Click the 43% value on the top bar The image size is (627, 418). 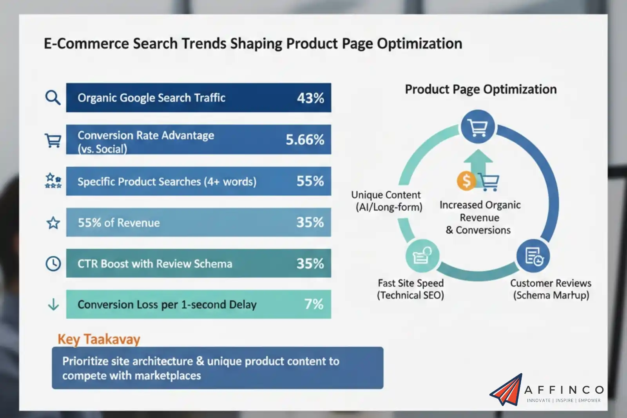pyautogui.click(x=310, y=98)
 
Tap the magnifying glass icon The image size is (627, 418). pyautogui.click(x=53, y=98)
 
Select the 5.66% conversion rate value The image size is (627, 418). pyautogui.click(x=305, y=140)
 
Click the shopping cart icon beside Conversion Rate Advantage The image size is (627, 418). pyautogui.click(x=53, y=140)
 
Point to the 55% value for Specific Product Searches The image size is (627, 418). pyautogui.click(x=310, y=181)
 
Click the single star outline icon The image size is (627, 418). pyautogui.click(x=53, y=223)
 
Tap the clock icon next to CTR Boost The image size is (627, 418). pyautogui.click(x=53, y=264)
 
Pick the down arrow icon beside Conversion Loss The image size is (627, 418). pyautogui.click(x=53, y=304)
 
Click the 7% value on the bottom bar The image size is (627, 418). pyautogui.click(x=314, y=304)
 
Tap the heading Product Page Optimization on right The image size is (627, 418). pyautogui.click(x=480, y=89)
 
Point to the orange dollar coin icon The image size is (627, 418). pyautogui.click(x=466, y=181)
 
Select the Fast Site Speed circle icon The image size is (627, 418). pyautogui.click(x=422, y=256)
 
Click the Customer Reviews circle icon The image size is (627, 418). pyautogui.click(x=533, y=256)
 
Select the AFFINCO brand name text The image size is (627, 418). pyautogui.click(x=564, y=390)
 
